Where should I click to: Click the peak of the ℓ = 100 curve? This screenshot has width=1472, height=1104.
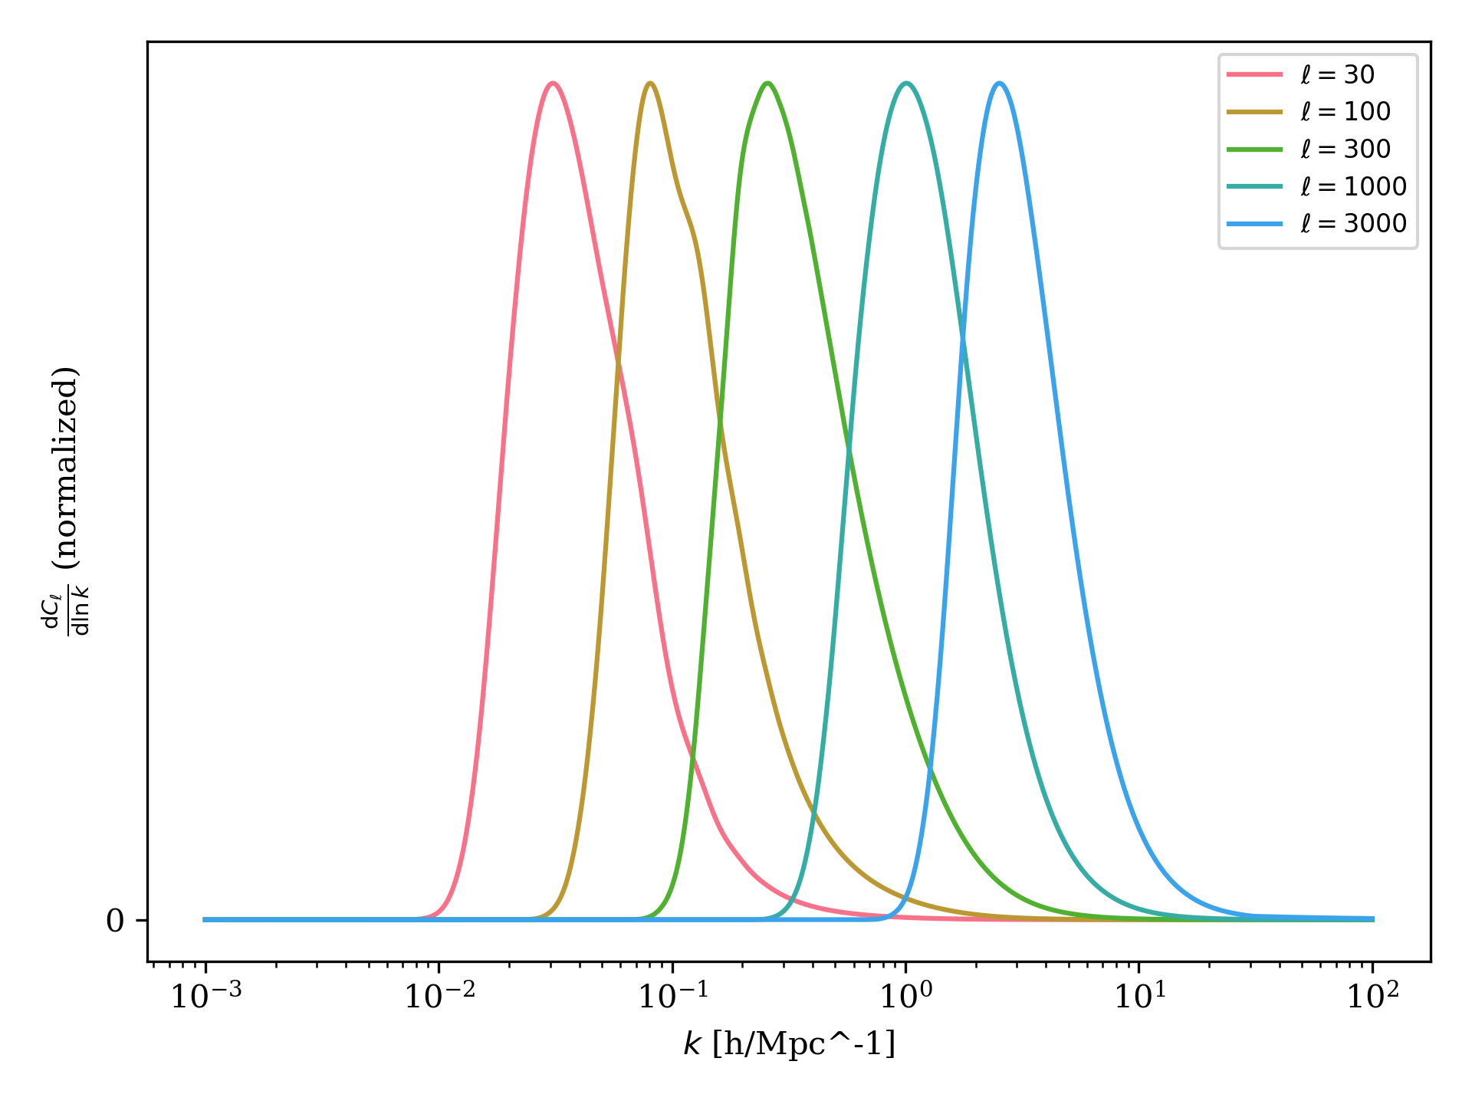650,84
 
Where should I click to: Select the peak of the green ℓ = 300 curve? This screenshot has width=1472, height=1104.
767,84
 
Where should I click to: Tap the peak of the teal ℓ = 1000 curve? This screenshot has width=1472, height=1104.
907,84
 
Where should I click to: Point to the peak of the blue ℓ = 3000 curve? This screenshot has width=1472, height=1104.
999,84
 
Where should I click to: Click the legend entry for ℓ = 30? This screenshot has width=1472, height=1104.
1337,74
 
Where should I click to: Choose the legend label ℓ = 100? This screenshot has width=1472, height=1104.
1345,112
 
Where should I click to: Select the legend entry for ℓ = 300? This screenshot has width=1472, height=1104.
1345,149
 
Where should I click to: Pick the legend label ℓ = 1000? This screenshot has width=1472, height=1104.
1353,186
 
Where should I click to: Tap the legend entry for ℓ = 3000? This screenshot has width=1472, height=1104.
1353,223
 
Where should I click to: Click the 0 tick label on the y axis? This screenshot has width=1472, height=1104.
115,921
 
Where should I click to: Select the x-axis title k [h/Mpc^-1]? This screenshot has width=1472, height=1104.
789,1044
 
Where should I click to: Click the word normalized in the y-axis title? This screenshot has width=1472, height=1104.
66,467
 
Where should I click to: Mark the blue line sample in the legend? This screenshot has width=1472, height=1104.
1254,223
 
